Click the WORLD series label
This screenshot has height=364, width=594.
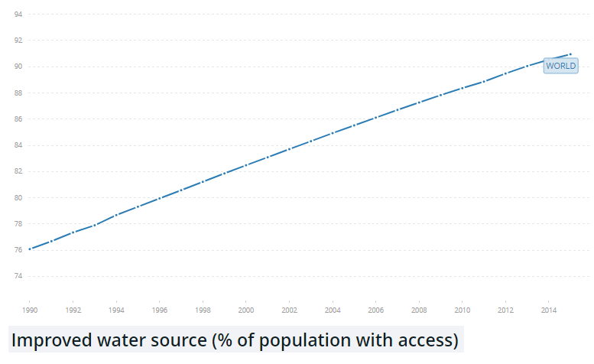coord(560,66)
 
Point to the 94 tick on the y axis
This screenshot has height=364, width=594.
coord(18,15)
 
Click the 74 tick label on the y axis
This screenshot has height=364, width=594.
coord(18,276)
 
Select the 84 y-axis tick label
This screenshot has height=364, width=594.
coord(18,145)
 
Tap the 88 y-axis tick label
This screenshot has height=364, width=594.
coord(18,93)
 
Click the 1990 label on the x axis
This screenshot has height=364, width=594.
coord(30,310)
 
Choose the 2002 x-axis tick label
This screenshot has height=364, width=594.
coord(289,310)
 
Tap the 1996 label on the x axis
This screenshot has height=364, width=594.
coord(159,310)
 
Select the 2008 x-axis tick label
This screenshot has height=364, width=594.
coord(419,310)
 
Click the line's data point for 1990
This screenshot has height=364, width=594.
coord(30,249)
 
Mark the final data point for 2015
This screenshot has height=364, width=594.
coord(570,54)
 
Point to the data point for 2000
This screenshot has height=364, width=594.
coord(245,165)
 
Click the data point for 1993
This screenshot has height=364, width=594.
coord(95,225)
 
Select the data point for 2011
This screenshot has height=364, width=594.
coord(483,81)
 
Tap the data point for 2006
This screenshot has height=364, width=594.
coord(375,118)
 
